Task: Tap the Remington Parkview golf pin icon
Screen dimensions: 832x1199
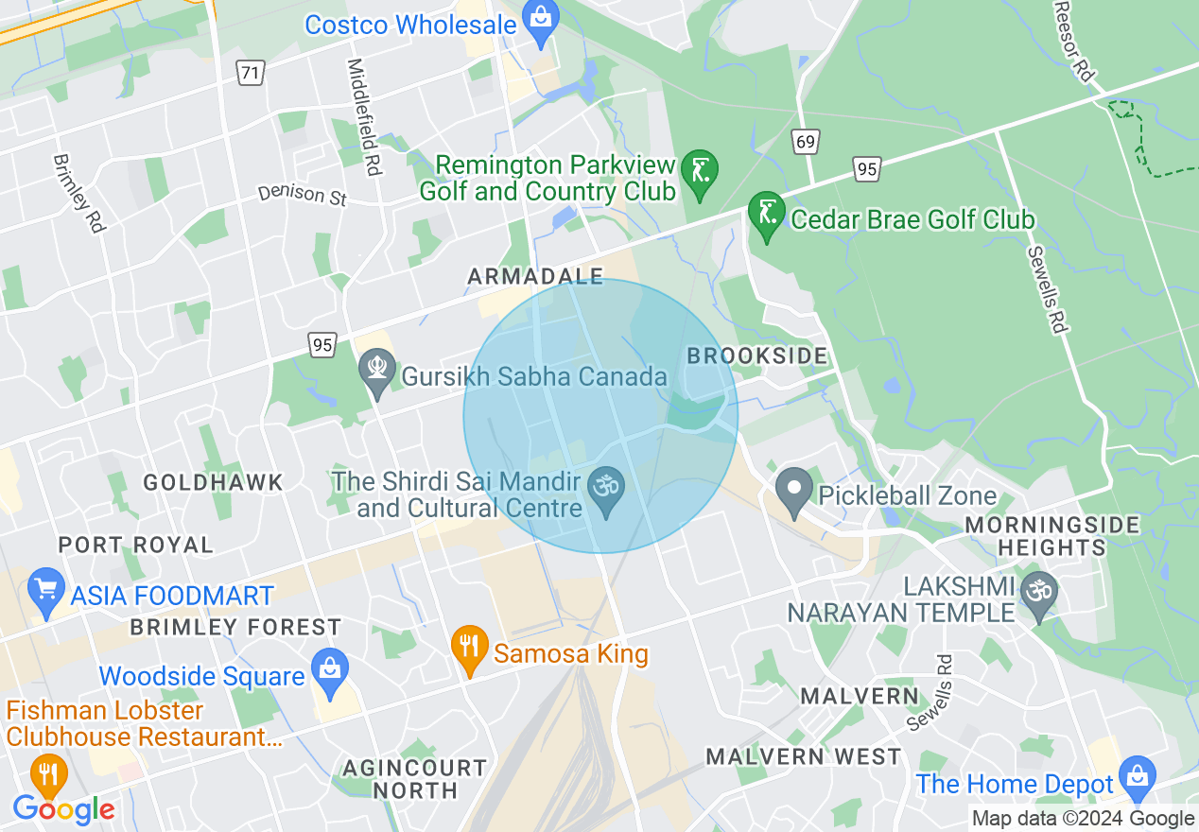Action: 700,174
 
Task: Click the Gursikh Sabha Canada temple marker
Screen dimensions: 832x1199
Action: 377,373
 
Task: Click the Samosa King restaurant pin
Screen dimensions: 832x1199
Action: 469,650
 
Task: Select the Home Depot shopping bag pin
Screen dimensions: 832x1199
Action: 1138,780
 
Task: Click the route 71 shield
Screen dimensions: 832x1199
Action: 250,73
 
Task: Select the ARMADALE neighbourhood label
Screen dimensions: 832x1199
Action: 535,276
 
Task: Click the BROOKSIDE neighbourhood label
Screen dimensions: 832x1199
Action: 756,356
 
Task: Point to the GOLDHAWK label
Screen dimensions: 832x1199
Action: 213,482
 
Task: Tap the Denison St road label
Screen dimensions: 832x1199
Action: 304,195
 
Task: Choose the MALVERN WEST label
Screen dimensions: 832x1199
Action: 804,756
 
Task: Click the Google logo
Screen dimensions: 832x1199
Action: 64,808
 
